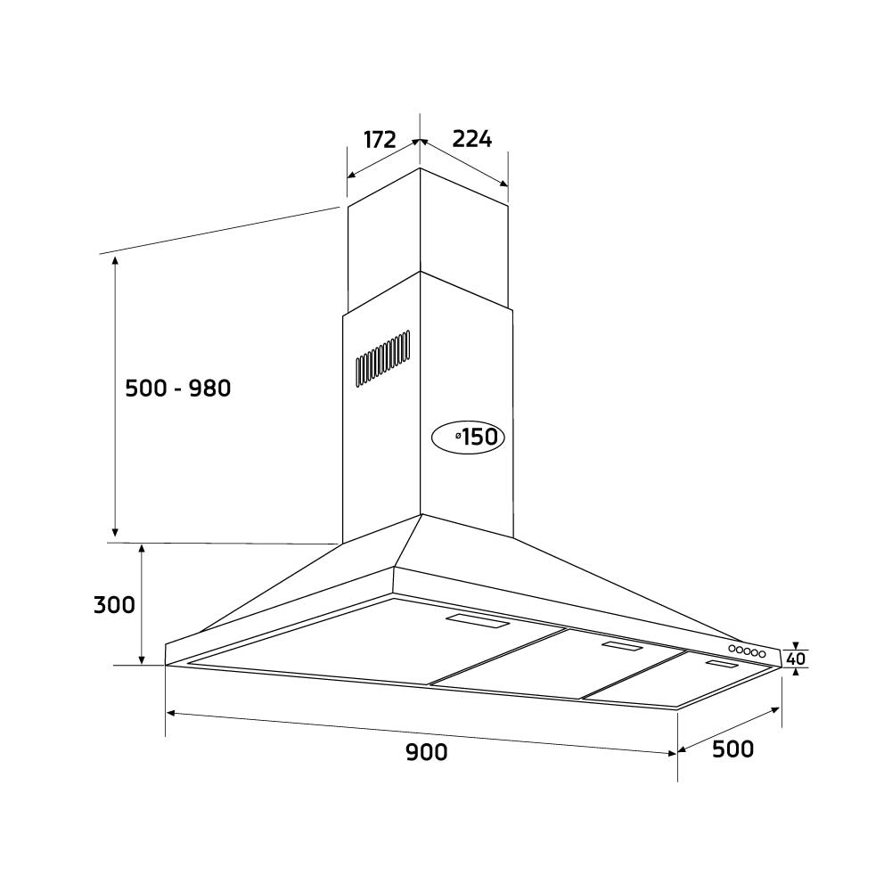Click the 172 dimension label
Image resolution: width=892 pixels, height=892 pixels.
pyautogui.click(x=380, y=140)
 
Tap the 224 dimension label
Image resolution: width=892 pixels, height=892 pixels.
pyautogui.click(x=472, y=139)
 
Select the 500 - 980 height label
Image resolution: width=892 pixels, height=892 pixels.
pyautogui.click(x=178, y=389)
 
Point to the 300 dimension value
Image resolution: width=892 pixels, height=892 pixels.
pyautogui.click(x=114, y=605)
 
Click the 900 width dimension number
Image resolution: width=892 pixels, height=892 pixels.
pyautogui.click(x=427, y=752)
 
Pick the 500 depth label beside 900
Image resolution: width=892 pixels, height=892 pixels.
pyautogui.click(x=733, y=749)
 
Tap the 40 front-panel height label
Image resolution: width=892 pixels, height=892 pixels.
pyautogui.click(x=797, y=659)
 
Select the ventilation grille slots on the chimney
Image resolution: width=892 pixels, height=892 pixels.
pyautogui.click(x=383, y=358)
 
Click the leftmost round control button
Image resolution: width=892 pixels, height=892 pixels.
pyautogui.click(x=732, y=649)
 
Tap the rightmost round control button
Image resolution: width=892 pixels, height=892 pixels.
pyautogui.click(x=763, y=655)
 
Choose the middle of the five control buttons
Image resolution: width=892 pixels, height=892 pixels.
pyautogui.click(x=748, y=651)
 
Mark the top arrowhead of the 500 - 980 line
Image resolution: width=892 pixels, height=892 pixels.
pyautogui.click(x=115, y=259)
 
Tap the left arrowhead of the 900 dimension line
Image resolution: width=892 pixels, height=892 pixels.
pyautogui.click(x=171, y=713)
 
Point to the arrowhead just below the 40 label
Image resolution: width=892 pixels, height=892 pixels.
pyautogui.click(x=796, y=673)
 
